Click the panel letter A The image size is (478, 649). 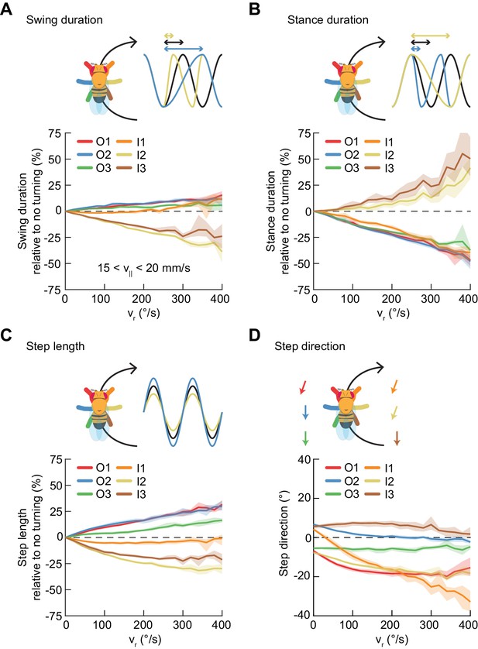[x=7, y=9]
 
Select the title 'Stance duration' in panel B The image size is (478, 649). [x=328, y=20]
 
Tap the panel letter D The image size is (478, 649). [x=256, y=335]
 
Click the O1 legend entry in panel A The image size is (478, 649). [x=94, y=142]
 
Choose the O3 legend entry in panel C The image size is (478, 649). [x=94, y=494]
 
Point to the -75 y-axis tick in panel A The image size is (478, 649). [x=53, y=290]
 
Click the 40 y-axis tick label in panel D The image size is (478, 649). [x=304, y=459]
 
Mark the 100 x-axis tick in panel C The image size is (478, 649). [x=104, y=624]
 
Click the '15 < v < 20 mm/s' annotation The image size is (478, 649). [x=144, y=268]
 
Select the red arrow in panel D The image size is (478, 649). [x=303, y=387]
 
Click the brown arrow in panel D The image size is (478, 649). [x=397, y=438]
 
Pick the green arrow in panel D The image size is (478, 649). [x=306, y=438]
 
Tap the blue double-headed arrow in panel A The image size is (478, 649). [x=184, y=49]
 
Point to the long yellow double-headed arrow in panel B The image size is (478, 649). [x=430, y=36]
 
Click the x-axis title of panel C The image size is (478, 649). [x=144, y=640]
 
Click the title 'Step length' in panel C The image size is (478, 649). [x=55, y=346]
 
